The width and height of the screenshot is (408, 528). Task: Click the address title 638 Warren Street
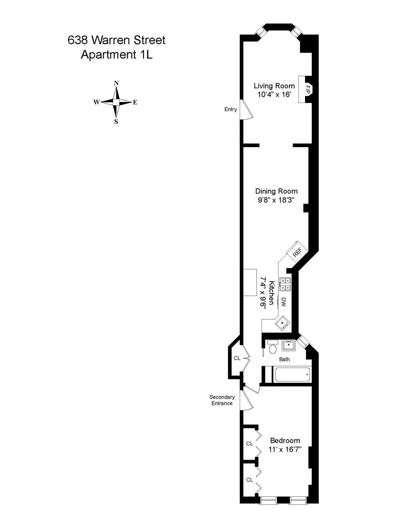click(117, 40)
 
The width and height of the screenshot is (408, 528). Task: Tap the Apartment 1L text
click(117, 54)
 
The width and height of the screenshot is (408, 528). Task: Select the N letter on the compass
click(116, 83)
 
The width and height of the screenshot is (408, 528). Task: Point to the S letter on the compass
click(116, 122)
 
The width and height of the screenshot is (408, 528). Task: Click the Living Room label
click(274, 86)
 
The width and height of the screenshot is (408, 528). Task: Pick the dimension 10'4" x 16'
click(274, 95)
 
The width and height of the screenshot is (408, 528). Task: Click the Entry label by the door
click(231, 109)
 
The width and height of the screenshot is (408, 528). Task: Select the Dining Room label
click(276, 191)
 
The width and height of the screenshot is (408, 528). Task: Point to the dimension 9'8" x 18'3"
click(276, 200)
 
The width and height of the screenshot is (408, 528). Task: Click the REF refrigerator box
click(297, 253)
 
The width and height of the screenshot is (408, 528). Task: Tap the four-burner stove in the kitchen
click(285, 284)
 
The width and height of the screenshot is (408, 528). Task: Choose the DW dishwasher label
click(284, 302)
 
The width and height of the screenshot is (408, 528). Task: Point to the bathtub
click(292, 375)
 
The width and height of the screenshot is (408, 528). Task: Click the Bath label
click(284, 359)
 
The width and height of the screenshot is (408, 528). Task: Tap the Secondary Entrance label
click(222, 400)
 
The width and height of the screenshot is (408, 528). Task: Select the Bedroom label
click(285, 441)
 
